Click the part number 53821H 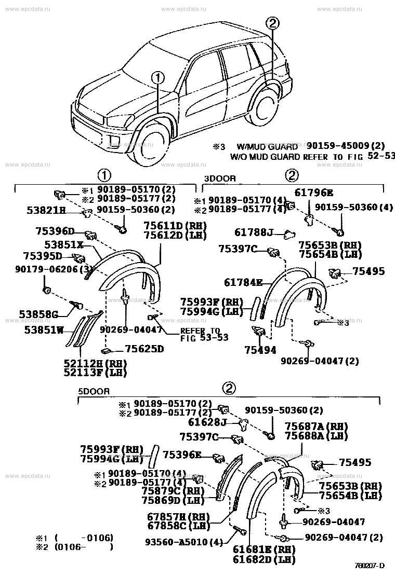click(x=46, y=210)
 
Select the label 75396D click(x=56, y=231)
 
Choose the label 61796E click(x=314, y=193)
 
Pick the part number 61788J click(x=253, y=232)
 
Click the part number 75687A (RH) click(x=316, y=426)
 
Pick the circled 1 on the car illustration click(x=158, y=78)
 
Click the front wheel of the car click(x=151, y=148)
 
